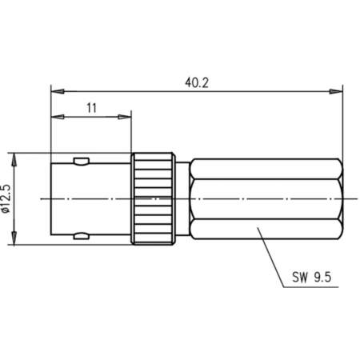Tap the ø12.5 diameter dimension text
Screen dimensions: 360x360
[7, 197]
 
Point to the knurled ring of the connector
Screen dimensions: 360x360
[152, 197]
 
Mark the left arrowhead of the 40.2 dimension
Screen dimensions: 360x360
[55, 91]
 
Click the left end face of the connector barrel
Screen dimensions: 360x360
[51, 197]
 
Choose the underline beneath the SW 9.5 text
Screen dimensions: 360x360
[312, 287]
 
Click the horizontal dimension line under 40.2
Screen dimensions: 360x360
[120, 91]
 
